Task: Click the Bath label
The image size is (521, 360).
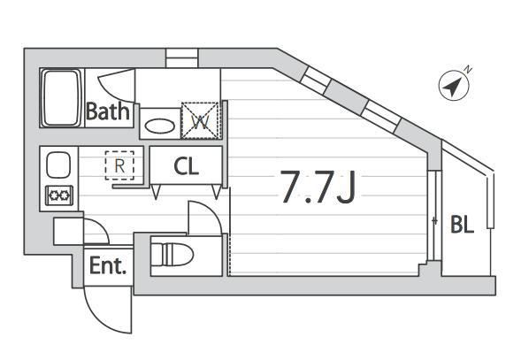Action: (108, 111)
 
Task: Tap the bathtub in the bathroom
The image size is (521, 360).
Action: (61, 97)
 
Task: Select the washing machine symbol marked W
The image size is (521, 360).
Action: (200, 120)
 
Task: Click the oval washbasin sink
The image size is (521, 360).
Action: (160, 126)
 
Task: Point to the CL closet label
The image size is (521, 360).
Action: (186, 166)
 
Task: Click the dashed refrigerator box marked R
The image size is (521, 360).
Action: (119, 165)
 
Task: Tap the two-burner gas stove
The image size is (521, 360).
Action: (59, 195)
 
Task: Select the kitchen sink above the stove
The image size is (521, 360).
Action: (58, 165)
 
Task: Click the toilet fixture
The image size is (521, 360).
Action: (172, 255)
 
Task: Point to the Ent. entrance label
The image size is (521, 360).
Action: (108, 266)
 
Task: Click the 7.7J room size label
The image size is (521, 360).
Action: (318, 187)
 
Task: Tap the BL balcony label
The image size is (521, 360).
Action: (462, 225)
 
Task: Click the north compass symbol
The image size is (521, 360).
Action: (454, 86)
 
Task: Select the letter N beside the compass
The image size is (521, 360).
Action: (469, 70)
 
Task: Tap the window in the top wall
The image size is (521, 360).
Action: (181, 58)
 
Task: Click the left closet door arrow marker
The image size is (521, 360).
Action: (156, 192)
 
